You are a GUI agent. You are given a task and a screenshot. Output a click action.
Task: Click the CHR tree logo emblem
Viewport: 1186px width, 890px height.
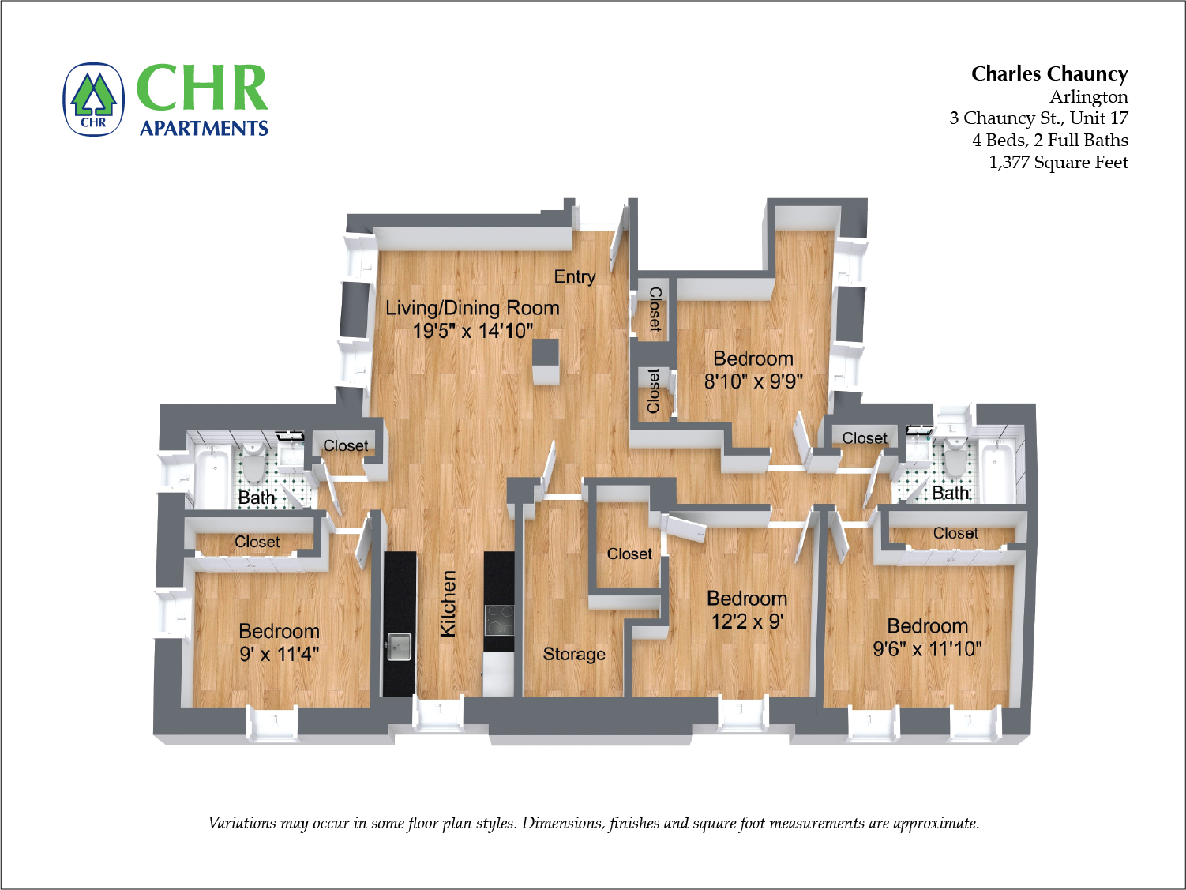[x=94, y=100]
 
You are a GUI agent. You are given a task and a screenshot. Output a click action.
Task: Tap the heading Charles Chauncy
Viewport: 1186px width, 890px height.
[x=1049, y=73]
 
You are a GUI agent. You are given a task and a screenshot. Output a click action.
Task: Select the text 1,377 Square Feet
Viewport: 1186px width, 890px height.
[x=1058, y=162]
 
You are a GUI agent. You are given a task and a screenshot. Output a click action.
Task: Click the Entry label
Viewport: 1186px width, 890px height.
[x=574, y=276]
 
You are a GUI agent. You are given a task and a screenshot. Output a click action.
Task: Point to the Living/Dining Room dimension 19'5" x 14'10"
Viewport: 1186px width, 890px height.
[x=472, y=331]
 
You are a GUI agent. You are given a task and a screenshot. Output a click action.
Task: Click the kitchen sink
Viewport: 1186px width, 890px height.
[x=399, y=645]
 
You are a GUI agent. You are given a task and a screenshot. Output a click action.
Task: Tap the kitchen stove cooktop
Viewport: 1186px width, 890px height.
[x=499, y=619]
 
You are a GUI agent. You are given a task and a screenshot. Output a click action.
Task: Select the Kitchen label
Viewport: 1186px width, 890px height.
[x=448, y=603]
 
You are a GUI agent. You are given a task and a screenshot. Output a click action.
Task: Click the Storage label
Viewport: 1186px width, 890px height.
[x=574, y=654]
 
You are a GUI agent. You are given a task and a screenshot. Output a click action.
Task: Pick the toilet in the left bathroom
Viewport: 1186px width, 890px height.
[x=253, y=464]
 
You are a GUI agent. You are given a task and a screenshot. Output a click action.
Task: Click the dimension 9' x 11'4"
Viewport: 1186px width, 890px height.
[x=279, y=654]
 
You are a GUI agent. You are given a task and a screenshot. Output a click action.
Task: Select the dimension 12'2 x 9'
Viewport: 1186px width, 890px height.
[x=746, y=621]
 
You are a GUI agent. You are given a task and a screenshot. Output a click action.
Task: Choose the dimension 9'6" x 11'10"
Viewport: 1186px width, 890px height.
[x=927, y=649]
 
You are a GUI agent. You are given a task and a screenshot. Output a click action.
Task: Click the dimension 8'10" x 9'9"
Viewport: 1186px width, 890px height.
[x=753, y=381]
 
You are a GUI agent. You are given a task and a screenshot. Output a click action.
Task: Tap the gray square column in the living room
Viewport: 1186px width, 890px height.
[x=546, y=362]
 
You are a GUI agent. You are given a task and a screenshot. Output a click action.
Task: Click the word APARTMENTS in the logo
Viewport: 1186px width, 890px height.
[x=204, y=128]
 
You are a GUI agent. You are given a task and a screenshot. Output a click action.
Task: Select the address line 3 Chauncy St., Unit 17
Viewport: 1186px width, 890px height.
[x=1038, y=118]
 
